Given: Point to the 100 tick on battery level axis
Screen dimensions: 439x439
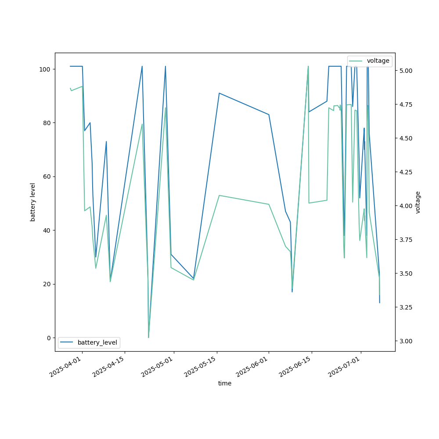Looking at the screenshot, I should tap(46, 69).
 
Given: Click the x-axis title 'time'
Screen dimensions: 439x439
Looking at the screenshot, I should tap(225, 383).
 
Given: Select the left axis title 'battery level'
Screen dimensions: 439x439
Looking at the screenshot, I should tap(33, 202).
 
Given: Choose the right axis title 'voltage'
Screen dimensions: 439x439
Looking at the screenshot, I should tap(418, 202).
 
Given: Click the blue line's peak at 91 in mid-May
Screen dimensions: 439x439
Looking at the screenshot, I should tap(219, 93).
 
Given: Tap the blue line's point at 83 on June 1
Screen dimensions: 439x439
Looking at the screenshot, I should tap(269, 115).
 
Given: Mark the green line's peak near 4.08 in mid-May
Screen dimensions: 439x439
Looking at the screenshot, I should tap(219, 195).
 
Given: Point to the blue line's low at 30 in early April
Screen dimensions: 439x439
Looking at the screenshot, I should tap(96, 257).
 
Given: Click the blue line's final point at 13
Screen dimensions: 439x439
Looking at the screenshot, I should tap(380, 302).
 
